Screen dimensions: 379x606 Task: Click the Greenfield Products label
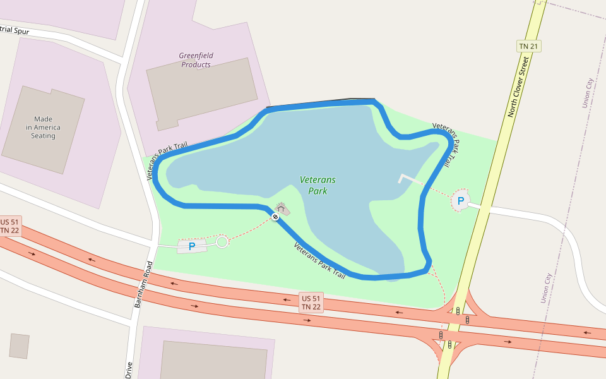196,60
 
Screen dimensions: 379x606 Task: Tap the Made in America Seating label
44,127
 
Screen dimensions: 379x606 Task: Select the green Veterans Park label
318,185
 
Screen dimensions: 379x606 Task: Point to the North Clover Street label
518,87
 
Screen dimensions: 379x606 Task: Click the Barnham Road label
143,284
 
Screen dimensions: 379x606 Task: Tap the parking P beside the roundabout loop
192,246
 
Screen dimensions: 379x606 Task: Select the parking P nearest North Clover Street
461,201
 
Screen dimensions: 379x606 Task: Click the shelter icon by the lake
281,208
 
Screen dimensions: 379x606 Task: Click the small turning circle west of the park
222,242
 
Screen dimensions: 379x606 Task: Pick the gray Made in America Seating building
43,129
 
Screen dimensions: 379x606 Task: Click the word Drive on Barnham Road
129,370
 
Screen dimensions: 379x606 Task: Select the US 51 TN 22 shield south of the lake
311,303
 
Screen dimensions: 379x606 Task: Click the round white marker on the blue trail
275,217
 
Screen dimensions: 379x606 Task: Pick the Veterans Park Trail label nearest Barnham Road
167,160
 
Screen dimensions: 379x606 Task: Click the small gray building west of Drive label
19,346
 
